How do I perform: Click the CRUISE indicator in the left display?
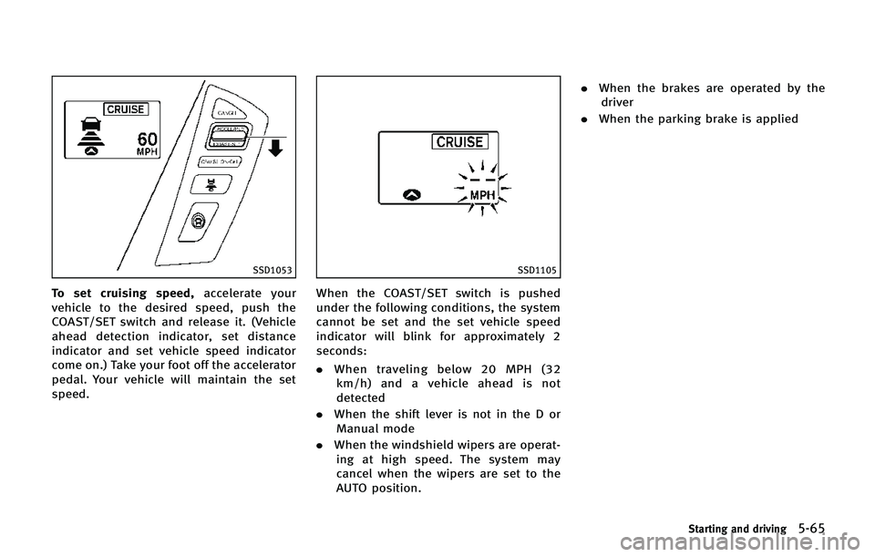point(127,109)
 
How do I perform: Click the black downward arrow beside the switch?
point(274,150)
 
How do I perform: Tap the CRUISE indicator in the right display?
point(460,142)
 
